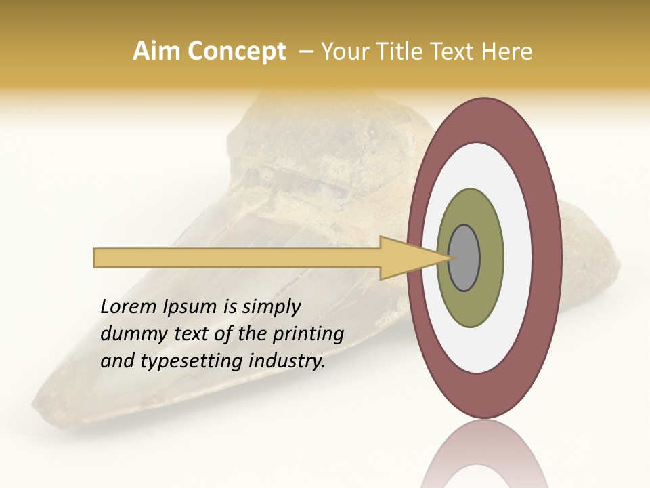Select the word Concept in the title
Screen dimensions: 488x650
(237, 52)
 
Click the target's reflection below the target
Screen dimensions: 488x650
(484, 454)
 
